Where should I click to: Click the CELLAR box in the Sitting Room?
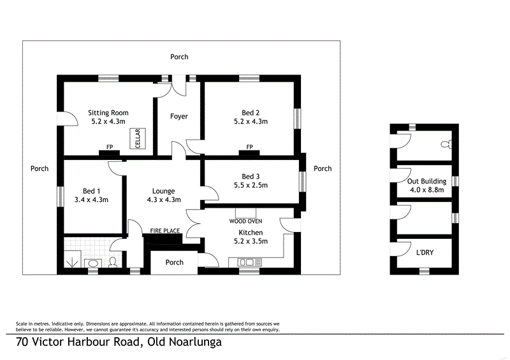coord(136,138)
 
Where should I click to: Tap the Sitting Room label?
coord(108,113)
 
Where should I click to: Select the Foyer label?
coord(179,117)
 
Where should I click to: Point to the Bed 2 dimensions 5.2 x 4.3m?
coord(251,121)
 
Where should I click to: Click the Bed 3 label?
coord(251,176)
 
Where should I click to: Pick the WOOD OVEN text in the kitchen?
coord(245,221)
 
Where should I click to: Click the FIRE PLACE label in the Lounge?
coord(164,230)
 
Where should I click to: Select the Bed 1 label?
coord(92,191)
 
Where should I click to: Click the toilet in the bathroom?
coord(112,261)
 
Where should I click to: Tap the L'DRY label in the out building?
coord(425,252)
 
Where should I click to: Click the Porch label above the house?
coord(179,57)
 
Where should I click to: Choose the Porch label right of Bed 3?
coord(323,169)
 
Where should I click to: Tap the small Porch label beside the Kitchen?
coord(174,262)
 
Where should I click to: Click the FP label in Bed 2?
coord(250,147)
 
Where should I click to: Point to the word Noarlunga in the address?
coord(184,343)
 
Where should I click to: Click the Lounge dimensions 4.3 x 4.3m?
coord(163,199)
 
